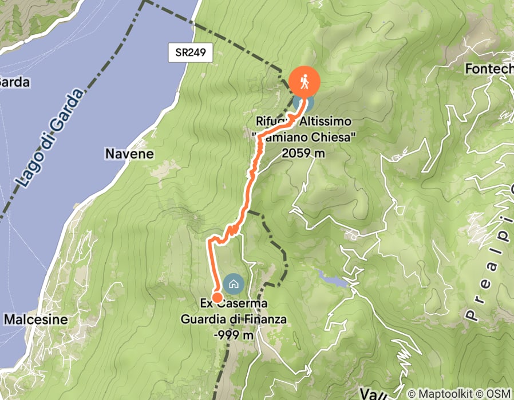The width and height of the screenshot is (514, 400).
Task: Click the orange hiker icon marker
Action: coord(304,82)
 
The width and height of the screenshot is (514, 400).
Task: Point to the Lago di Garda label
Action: coord(49,141)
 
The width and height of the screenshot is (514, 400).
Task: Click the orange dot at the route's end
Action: coord(218,297)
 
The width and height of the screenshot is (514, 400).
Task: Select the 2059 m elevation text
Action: coord(304,153)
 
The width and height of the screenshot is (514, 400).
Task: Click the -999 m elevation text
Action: coord(233,336)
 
